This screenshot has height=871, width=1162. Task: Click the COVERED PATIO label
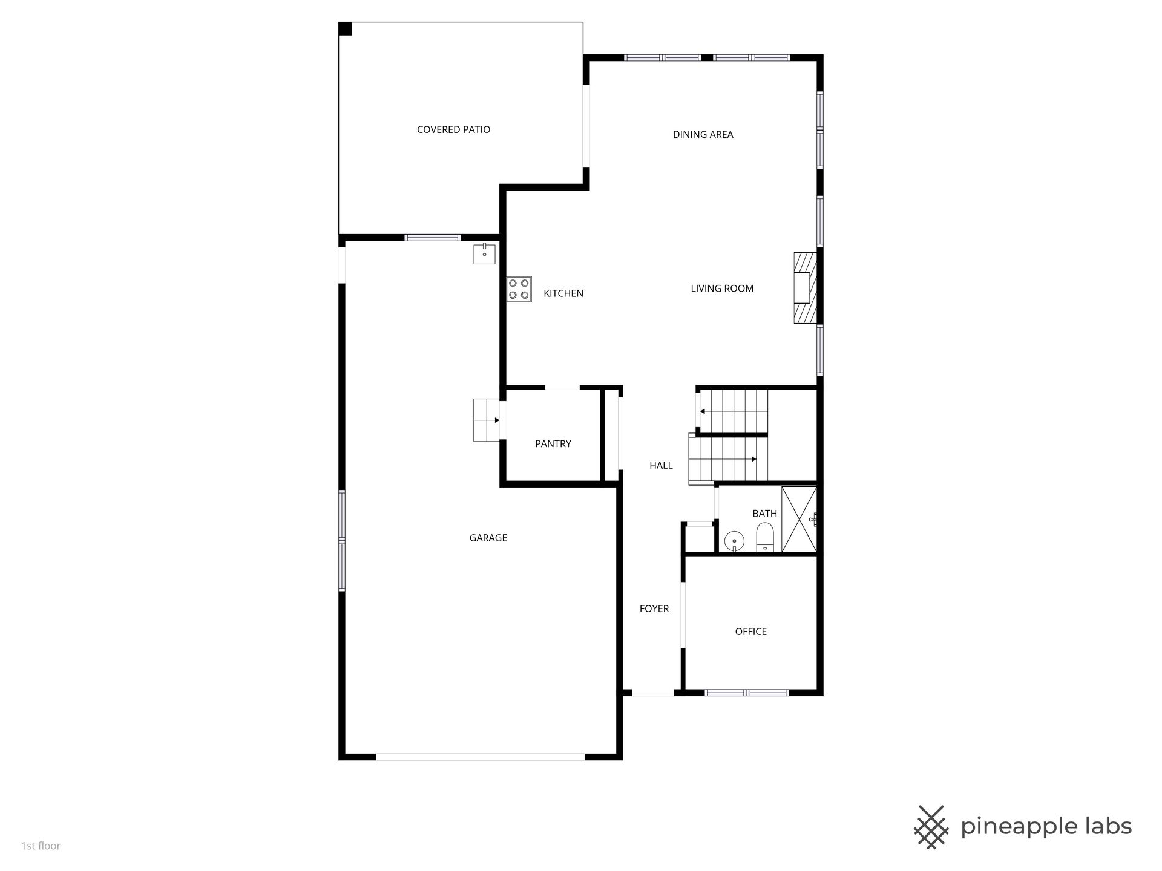point(453,129)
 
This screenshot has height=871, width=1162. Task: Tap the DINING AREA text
point(703,134)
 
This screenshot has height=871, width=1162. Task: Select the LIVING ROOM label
point(722,289)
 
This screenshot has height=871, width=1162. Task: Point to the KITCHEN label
point(563,293)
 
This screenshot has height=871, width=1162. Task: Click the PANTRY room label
point(553,443)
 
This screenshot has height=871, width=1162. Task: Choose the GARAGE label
point(488,538)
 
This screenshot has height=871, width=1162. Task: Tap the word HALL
point(661,465)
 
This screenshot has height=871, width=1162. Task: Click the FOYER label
point(654,608)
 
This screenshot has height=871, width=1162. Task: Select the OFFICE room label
point(750,631)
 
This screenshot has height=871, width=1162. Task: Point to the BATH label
point(764,514)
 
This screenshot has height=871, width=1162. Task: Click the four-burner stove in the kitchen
point(519,289)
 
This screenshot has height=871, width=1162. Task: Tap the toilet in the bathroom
point(765,537)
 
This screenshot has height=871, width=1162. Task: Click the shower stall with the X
point(799,520)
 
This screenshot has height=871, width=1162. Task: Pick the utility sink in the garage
point(484,253)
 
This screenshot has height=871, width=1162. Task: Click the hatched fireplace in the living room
point(805,288)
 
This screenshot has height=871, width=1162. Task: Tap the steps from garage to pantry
point(488,420)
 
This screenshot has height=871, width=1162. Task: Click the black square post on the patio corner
point(345,29)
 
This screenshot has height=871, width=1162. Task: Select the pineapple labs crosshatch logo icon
point(931,827)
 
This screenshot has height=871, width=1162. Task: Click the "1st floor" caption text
point(41,846)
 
